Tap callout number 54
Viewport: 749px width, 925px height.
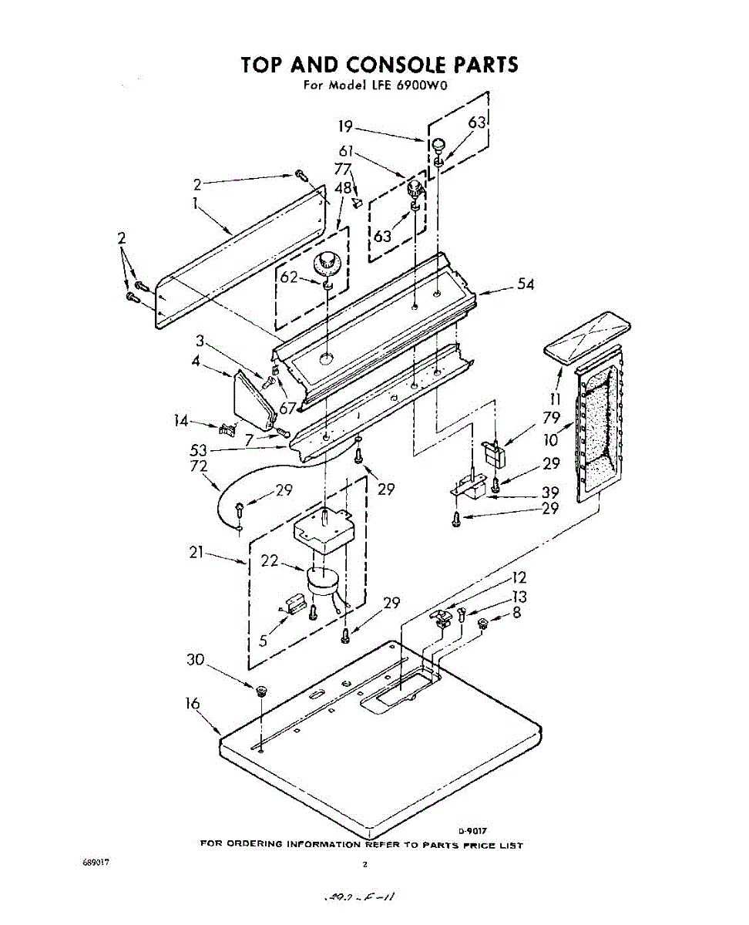click(526, 285)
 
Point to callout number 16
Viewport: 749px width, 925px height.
click(193, 704)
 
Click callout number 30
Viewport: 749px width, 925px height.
click(196, 660)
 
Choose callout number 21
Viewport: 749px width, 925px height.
click(196, 553)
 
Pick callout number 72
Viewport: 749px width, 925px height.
click(198, 466)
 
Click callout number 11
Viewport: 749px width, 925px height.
click(555, 399)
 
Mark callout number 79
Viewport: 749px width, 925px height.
click(550, 419)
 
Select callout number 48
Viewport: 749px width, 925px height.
click(344, 188)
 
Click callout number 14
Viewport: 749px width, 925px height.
click(181, 420)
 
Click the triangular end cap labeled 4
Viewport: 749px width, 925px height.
click(252, 399)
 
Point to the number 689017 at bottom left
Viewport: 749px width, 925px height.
click(97, 863)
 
